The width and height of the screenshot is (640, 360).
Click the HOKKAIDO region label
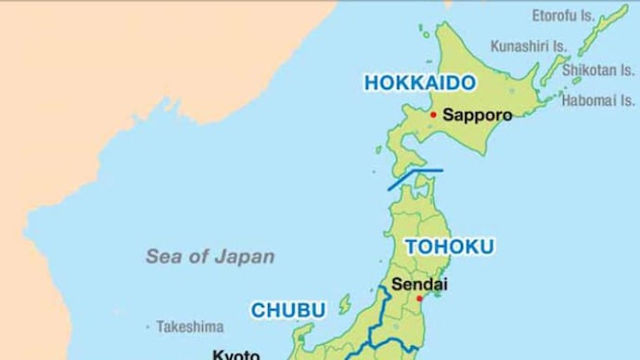pyautogui.click(x=419, y=84)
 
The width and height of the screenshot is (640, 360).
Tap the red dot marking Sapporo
pyautogui.click(x=432, y=115)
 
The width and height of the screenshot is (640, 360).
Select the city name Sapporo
pyautogui.click(x=478, y=116)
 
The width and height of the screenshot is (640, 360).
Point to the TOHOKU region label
pyautogui.click(x=449, y=247)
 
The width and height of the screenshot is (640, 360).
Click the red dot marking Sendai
pyautogui.click(x=419, y=299)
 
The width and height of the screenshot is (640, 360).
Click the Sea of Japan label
pyautogui.click(x=210, y=257)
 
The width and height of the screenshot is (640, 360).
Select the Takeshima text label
pyautogui.click(x=190, y=327)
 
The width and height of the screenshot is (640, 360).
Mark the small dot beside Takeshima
pyautogui.click(x=147, y=327)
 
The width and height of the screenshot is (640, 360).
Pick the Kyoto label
pyautogui.click(x=236, y=354)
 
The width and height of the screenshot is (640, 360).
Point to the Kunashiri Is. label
pyautogui.click(x=529, y=45)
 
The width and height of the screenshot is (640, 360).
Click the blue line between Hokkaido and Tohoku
pyautogui.click(x=415, y=178)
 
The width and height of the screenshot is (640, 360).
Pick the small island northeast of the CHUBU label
pyautogui.click(x=344, y=302)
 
